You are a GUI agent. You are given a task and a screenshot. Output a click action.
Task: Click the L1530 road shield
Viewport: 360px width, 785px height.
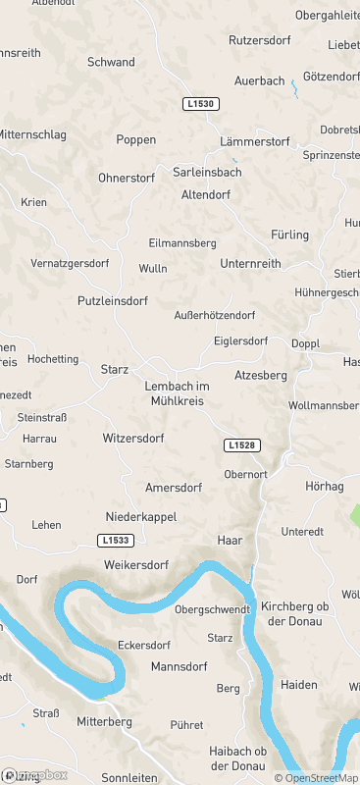pyautogui.click(x=201, y=103)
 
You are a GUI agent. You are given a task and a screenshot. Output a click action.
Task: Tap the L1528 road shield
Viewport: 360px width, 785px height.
pyautogui.click(x=241, y=445)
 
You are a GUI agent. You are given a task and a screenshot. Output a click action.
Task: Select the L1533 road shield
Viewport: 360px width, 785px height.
pyautogui.click(x=115, y=541)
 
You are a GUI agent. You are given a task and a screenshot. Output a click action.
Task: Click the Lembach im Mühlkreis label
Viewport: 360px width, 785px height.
pyautogui.click(x=177, y=392)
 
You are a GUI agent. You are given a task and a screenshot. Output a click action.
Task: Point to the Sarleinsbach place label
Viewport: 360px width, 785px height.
pyautogui.click(x=207, y=172)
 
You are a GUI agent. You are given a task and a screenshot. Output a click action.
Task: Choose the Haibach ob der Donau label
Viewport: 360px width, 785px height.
pyautogui.click(x=237, y=758)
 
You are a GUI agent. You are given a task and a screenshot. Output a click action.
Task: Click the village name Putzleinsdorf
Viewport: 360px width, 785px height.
pyautogui.click(x=117, y=301)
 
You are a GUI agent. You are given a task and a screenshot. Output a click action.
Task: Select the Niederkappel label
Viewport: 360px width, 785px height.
pyautogui.click(x=140, y=516)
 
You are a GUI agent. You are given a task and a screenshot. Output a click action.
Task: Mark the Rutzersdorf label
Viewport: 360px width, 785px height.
pyautogui.click(x=261, y=40)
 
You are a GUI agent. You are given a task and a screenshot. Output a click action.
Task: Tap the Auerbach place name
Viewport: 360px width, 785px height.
pyautogui.click(x=259, y=80)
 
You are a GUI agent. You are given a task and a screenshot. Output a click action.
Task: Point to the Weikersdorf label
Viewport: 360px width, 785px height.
pyautogui.click(x=136, y=565)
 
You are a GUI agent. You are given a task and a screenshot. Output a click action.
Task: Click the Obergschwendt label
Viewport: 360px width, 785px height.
pyautogui.click(x=212, y=609)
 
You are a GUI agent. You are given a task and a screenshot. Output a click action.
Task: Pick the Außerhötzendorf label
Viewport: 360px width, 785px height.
pyautogui.click(x=215, y=315)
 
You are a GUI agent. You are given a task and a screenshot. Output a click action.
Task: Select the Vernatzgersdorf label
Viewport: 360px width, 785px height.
pyautogui.click(x=70, y=263)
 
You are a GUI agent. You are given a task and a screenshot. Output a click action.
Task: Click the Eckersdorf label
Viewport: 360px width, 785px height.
pyautogui.click(x=144, y=646)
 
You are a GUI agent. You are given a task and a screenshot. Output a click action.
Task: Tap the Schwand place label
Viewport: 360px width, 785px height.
pyautogui.click(x=111, y=62)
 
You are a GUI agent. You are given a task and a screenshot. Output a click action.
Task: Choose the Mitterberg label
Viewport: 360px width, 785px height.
pyautogui.click(x=104, y=721)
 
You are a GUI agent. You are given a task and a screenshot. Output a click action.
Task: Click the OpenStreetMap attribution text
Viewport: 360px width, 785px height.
pyautogui.click(x=316, y=778)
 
